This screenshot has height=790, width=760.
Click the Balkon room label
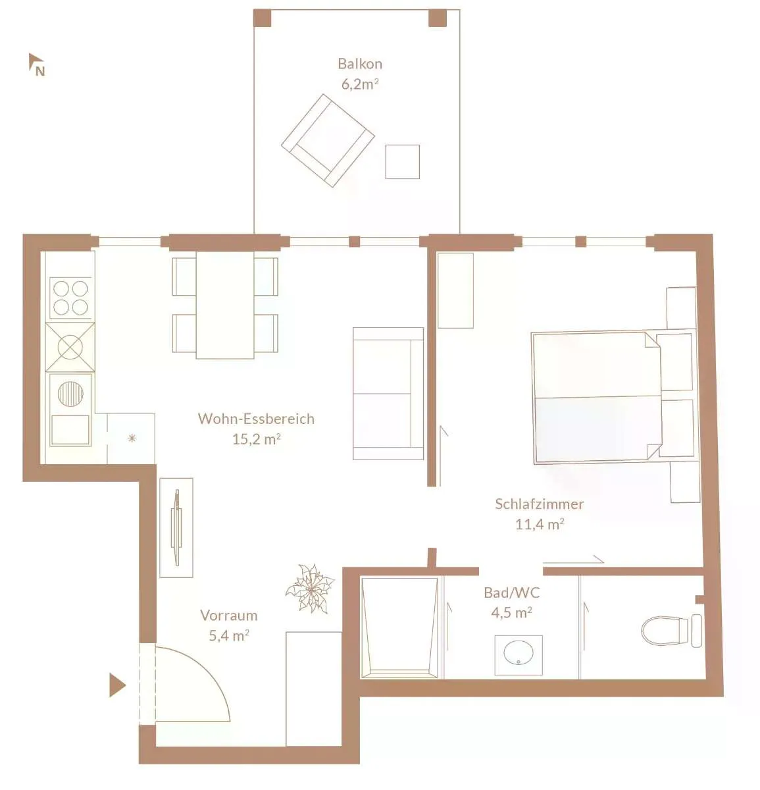coord(360,64)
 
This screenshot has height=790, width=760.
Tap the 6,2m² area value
coord(360,84)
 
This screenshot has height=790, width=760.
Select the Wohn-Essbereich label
coord(256,419)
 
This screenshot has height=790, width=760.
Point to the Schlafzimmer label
coord(540,504)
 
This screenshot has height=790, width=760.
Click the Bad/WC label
coord(512,592)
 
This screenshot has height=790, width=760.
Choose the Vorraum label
coord(229,616)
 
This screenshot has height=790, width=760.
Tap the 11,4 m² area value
coord(540,524)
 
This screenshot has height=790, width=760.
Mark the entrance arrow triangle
coord(117,686)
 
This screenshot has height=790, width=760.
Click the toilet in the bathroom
coord(672,631)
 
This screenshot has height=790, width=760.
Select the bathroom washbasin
coord(518,655)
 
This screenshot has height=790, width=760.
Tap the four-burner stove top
coord(70,298)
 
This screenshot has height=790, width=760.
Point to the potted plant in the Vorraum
coord(310,589)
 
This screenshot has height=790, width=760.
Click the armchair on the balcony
coord(328,140)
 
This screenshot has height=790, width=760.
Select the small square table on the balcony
coord(402,161)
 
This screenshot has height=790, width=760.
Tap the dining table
coord(225,305)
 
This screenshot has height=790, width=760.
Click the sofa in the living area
coord(388,394)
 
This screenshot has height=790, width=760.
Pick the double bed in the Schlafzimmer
coord(596,398)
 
